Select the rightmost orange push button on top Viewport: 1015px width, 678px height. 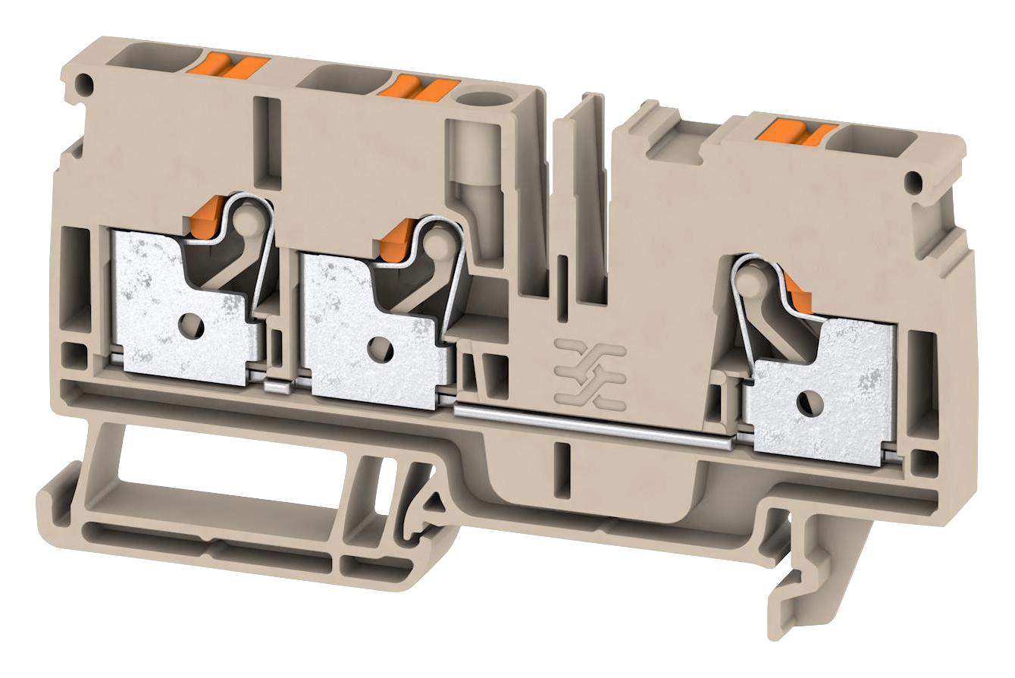click(799, 132)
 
